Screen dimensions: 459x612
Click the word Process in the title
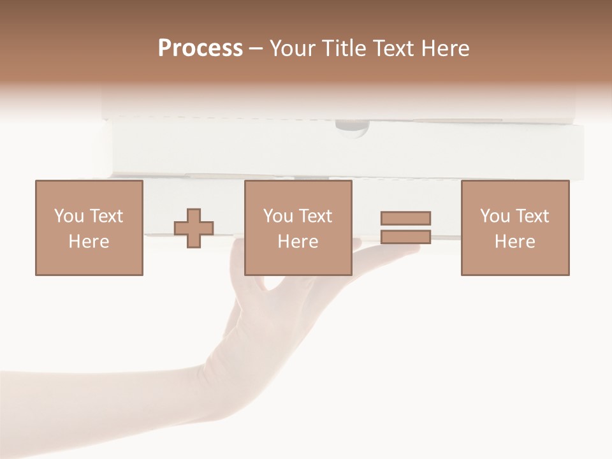200,48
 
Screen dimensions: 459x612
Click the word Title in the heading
344,48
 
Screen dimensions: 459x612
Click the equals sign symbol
405,228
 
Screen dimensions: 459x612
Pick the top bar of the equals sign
405,218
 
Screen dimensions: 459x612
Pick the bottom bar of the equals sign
405,237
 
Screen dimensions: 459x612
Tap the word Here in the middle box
298,242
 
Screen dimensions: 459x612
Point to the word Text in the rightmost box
531,216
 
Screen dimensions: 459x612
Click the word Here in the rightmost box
515,242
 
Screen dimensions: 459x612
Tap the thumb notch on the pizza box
352,127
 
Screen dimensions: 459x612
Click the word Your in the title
292,48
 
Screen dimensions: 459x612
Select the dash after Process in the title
256,49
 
